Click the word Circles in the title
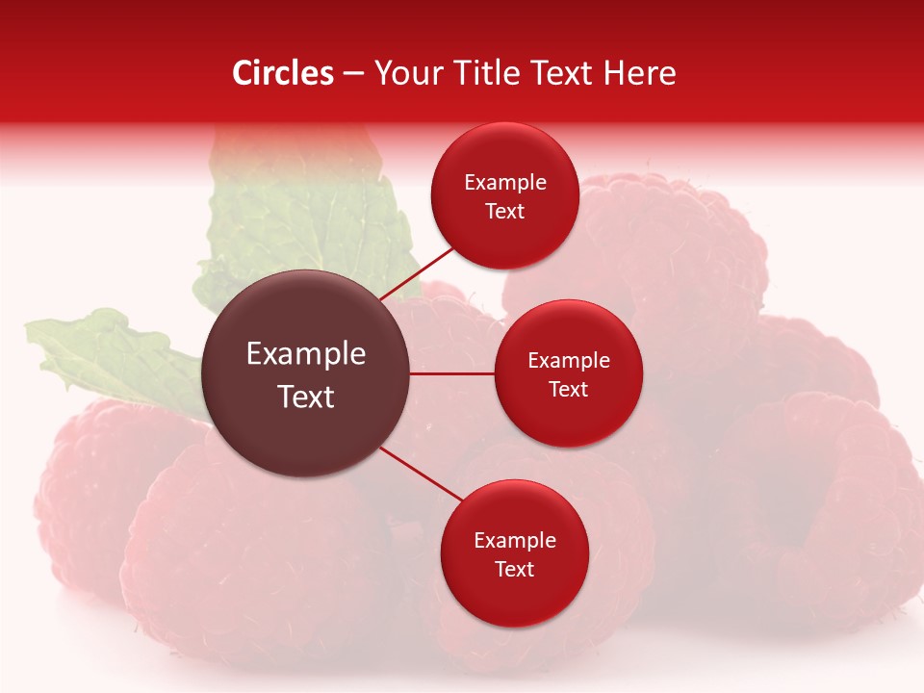[282, 73]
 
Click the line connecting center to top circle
[418, 271]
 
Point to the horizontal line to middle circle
[452, 373]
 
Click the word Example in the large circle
[306, 354]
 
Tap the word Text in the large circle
[306, 397]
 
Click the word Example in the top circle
[505, 183]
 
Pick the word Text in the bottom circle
[514, 570]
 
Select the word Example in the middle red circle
[569, 361]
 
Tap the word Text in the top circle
[504, 212]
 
